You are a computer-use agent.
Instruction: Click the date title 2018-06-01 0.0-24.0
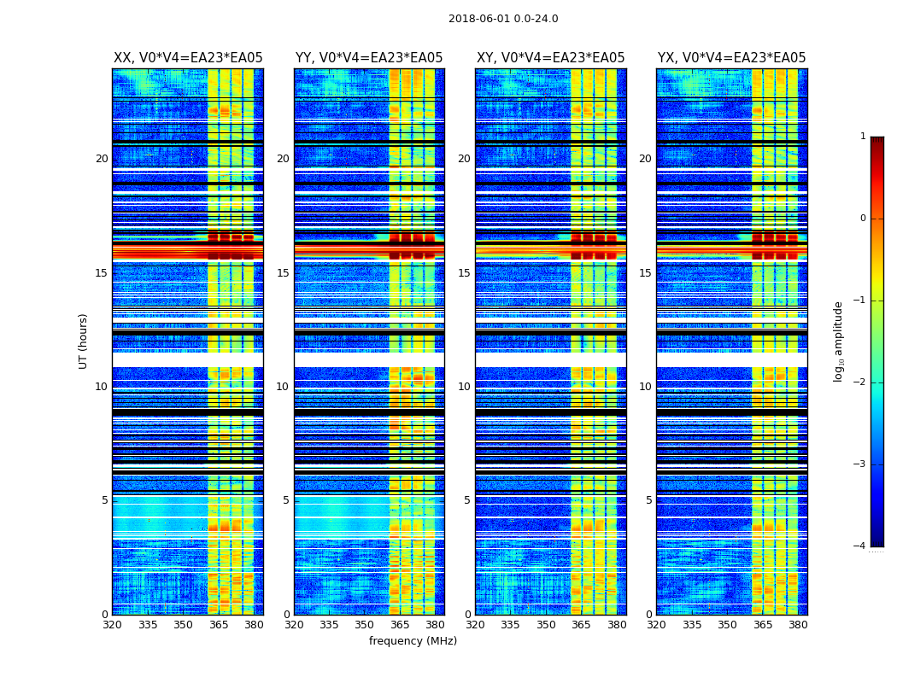tap(503, 19)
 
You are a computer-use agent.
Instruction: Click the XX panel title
tap(188, 58)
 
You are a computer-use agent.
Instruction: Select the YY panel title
tap(369, 58)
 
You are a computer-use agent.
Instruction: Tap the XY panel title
tap(550, 58)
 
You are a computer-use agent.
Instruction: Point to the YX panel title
tap(731, 58)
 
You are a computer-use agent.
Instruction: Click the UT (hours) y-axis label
tap(84, 341)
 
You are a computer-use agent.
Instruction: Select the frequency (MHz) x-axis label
tap(413, 641)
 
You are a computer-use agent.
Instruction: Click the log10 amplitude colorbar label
tap(839, 341)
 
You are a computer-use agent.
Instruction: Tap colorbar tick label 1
tap(863, 137)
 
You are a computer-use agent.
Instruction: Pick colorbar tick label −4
tap(860, 546)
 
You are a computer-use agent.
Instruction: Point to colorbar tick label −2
tap(860, 382)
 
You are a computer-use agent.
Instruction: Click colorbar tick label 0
tap(863, 219)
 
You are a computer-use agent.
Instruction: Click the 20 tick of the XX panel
tap(102, 159)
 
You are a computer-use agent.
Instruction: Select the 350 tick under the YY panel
tap(365, 625)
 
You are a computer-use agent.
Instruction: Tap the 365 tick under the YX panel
tap(763, 625)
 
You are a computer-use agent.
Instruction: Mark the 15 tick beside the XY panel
tap(465, 273)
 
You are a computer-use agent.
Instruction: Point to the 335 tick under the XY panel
tap(511, 625)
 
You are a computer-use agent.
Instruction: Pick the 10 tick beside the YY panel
tap(283, 387)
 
